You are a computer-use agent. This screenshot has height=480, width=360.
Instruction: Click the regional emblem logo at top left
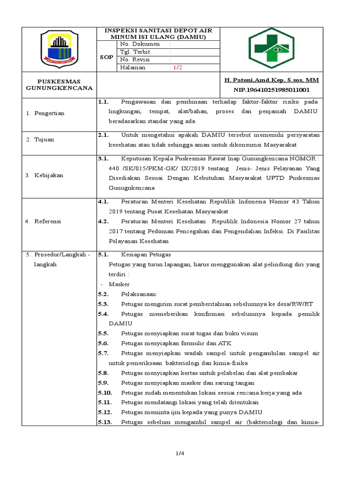point(59,49)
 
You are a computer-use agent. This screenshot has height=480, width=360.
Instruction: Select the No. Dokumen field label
point(140,44)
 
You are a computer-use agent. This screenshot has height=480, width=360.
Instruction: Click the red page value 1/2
point(178,67)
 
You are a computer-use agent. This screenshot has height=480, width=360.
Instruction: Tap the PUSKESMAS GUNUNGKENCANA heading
point(59,84)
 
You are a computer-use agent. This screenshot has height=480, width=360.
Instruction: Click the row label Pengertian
point(49,113)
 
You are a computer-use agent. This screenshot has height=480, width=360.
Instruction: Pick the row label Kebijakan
point(48,175)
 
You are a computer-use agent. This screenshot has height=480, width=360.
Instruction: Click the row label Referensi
point(47,221)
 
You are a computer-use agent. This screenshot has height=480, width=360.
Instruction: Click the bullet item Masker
point(119,284)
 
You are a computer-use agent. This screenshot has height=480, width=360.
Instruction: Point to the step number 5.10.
point(105,392)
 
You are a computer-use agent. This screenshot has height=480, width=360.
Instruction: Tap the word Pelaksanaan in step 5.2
point(139,294)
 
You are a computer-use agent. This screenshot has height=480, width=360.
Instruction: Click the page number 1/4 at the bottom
point(180,453)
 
